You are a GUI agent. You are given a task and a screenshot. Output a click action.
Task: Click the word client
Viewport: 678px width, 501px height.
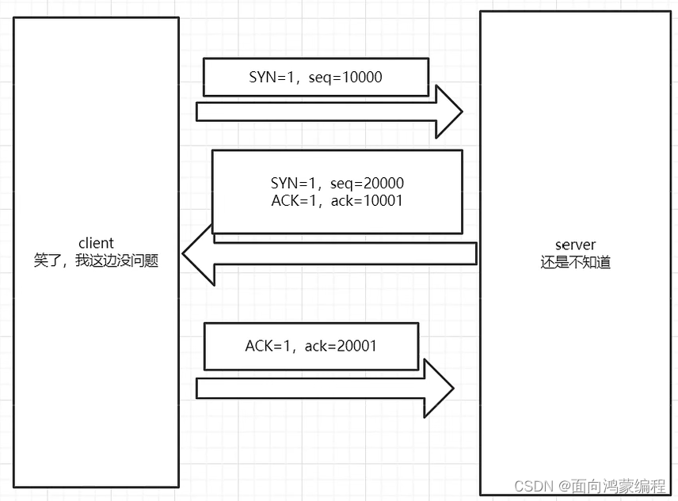pyautogui.click(x=97, y=243)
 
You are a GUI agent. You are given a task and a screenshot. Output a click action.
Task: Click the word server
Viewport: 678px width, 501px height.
pyautogui.click(x=576, y=245)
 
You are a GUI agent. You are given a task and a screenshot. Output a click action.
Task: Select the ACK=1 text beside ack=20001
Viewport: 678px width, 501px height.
pyautogui.click(x=269, y=346)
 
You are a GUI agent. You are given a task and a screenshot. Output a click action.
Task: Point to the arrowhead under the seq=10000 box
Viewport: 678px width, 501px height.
pyautogui.click(x=448, y=112)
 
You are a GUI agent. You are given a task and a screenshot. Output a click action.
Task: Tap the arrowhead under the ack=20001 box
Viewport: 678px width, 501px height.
pyautogui.click(x=440, y=389)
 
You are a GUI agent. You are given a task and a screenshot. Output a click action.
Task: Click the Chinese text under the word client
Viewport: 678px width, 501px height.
pyautogui.click(x=97, y=260)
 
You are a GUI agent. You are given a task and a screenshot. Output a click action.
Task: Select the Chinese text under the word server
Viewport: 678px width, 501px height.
pyautogui.click(x=576, y=263)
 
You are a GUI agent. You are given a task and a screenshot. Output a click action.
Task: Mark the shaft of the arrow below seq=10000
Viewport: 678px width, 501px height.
pyautogui.click(x=317, y=112)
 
